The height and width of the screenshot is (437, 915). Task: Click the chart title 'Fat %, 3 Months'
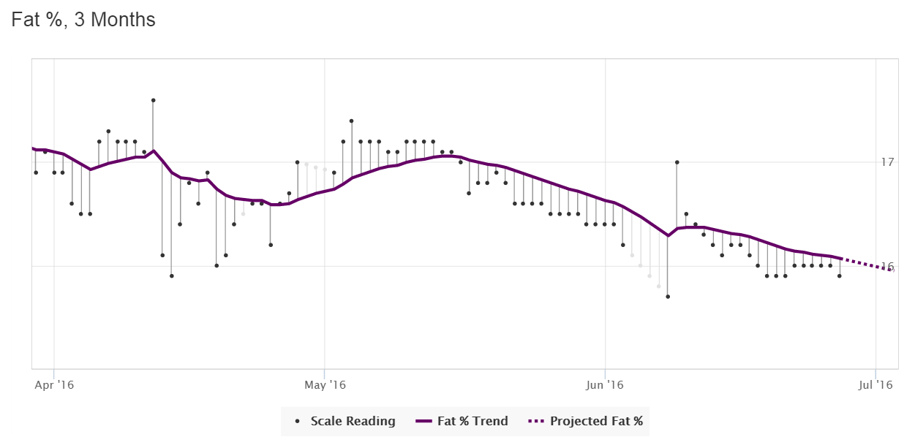pos(83,20)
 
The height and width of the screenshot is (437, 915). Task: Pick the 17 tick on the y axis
pos(889,161)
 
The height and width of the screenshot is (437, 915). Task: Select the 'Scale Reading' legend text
pos(353,421)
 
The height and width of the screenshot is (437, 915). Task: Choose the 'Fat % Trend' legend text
pos(472,421)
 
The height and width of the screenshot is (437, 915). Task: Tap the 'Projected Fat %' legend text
pos(596,421)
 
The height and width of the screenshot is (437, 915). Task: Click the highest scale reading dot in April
pos(153,100)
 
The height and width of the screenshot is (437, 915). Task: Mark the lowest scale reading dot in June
pos(668,297)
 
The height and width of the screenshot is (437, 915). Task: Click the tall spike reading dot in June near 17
pos(677,162)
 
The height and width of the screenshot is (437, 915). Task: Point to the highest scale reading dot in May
pos(352,121)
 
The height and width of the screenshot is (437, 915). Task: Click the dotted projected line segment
pos(867,265)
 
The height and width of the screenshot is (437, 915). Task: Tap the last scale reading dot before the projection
pos(840,276)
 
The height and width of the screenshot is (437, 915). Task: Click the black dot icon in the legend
pos(297,422)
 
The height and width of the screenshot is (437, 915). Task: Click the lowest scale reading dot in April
pos(171,276)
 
